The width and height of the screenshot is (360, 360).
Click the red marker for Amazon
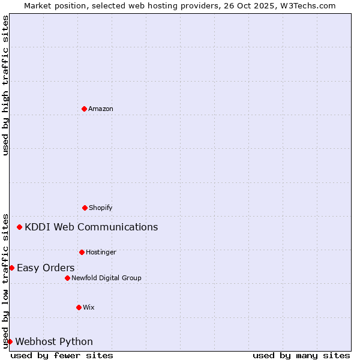tap(84, 109)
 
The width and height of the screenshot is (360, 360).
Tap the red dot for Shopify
tap(85, 208)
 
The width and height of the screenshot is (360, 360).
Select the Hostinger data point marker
tap(82, 252)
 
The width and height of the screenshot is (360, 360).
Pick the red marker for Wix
tap(79, 307)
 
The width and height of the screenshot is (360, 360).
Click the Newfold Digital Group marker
tap(67, 278)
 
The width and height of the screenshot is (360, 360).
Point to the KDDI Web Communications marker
tap(20, 227)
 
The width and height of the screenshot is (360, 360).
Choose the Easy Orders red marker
tap(11, 268)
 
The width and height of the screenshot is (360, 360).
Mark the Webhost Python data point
tap(10, 341)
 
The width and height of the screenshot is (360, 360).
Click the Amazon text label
tap(101, 109)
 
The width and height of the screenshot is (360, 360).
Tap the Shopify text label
tap(101, 208)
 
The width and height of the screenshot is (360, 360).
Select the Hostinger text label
tap(101, 252)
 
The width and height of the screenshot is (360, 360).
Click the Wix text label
tap(89, 307)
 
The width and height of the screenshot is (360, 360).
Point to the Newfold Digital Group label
tap(106, 278)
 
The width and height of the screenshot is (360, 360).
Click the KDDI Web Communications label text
tap(91, 227)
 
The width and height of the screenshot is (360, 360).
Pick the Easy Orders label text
tap(46, 268)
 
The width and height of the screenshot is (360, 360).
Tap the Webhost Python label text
tap(54, 341)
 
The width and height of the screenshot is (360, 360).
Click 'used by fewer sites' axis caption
tap(62, 355)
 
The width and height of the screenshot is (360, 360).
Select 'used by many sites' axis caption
tap(301, 355)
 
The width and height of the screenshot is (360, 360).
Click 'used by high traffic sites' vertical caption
tap(5, 85)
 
